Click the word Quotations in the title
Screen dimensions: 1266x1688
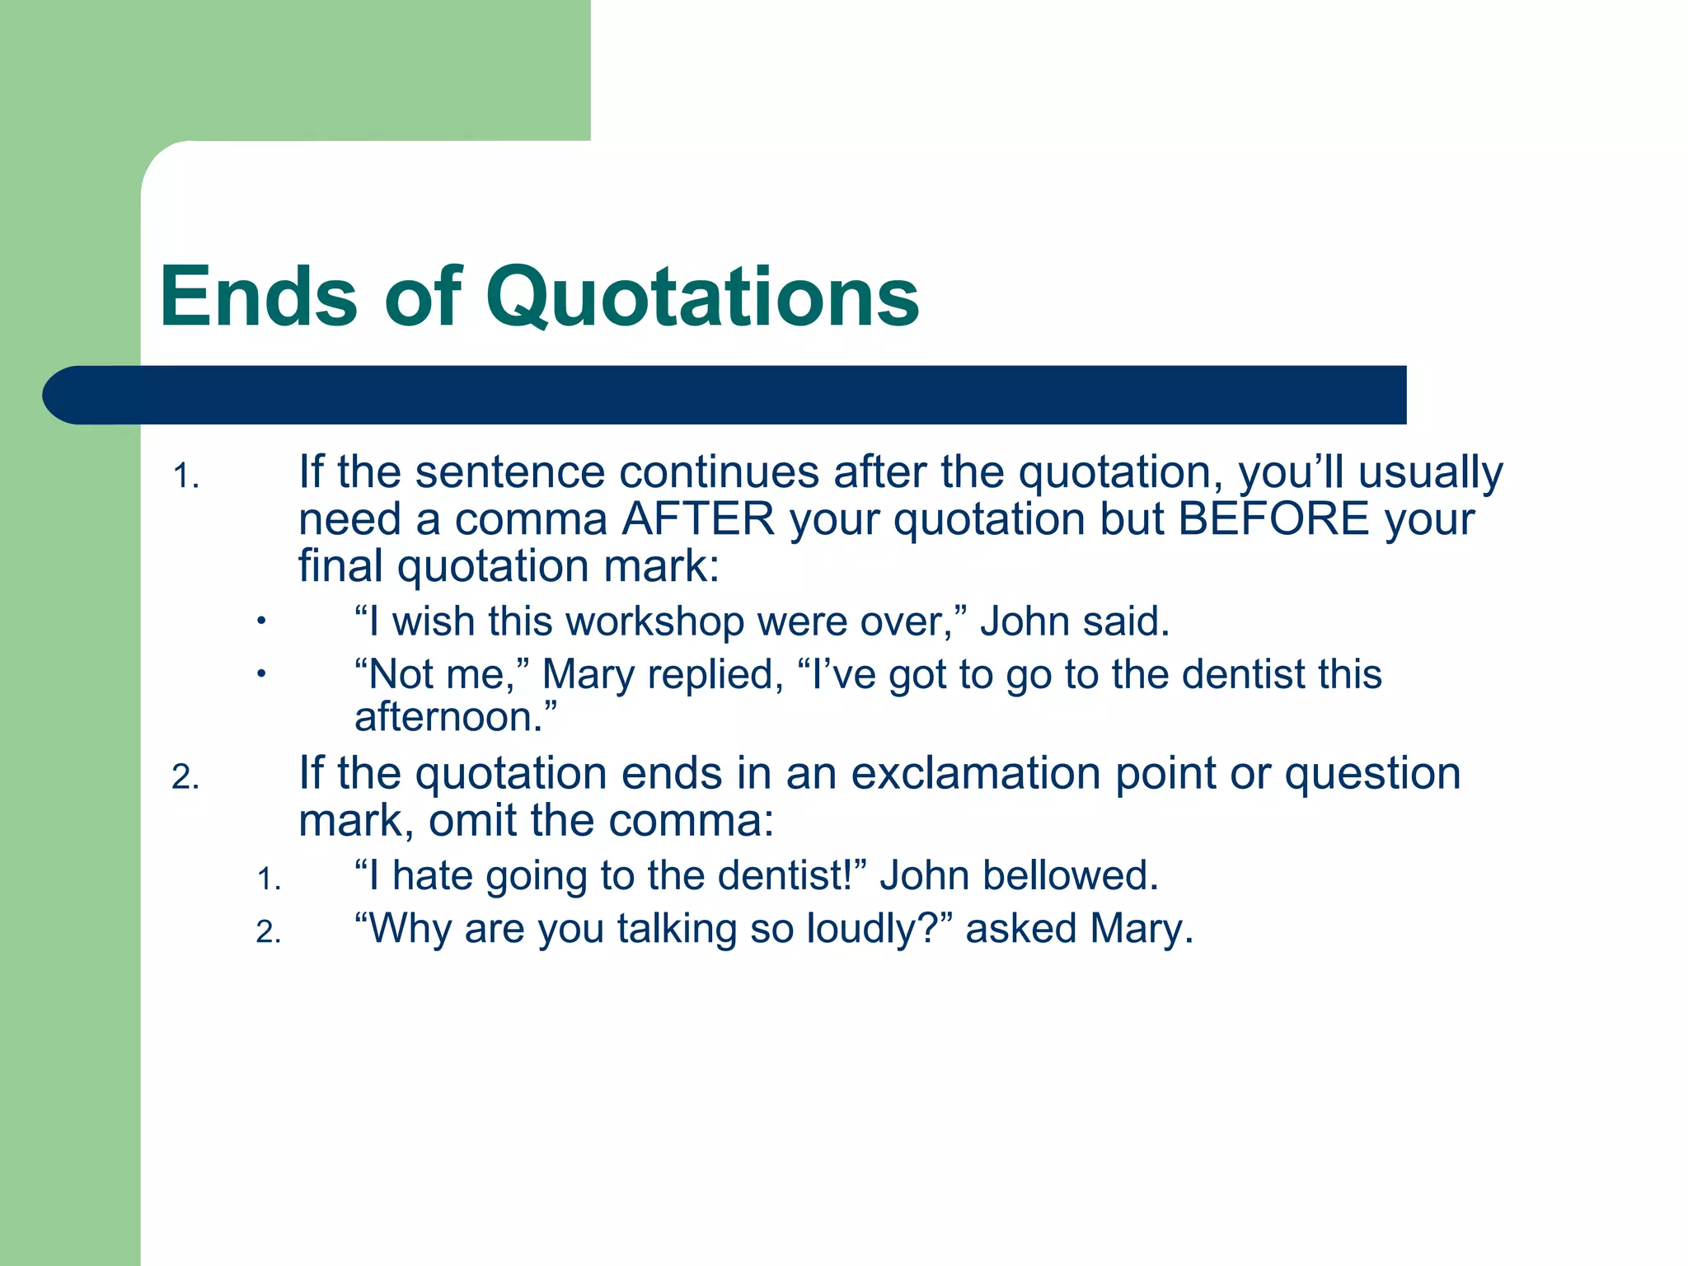pyautogui.click(x=701, y=298)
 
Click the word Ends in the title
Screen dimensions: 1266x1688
pyautogui.click(x=258, y=297)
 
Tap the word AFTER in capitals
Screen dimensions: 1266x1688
pyautogui.click(x=698, y=519)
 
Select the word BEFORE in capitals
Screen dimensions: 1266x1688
pyautogui.click(x=1273, y=519)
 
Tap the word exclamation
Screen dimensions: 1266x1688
pyautogui.click(x=975, y=774)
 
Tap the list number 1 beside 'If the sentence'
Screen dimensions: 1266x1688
pyautogui.click(x=186, y=477)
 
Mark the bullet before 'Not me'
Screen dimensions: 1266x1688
pyautogui.click(x=260, y=674)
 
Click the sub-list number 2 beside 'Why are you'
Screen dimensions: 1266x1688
pyautogui.click(x=269, y=932)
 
